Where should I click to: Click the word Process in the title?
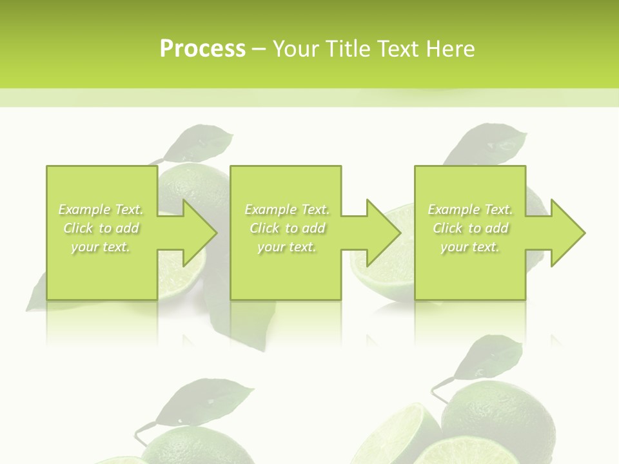click(x=202, y=49)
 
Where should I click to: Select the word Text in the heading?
click(x=399, y=49)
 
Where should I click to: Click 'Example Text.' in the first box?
click(x=101, y=209)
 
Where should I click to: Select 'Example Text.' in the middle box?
click(x=287, y=209)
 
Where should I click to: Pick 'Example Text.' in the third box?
click(x=470, y=209)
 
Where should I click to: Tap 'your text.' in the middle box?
click(x=286, y=247)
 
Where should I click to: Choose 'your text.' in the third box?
click(x=469, y=247)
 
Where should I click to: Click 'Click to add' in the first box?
click(x=101, y=228)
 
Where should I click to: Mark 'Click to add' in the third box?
click(x=470, y=228)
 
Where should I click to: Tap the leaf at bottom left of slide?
click(x=206, y=400)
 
